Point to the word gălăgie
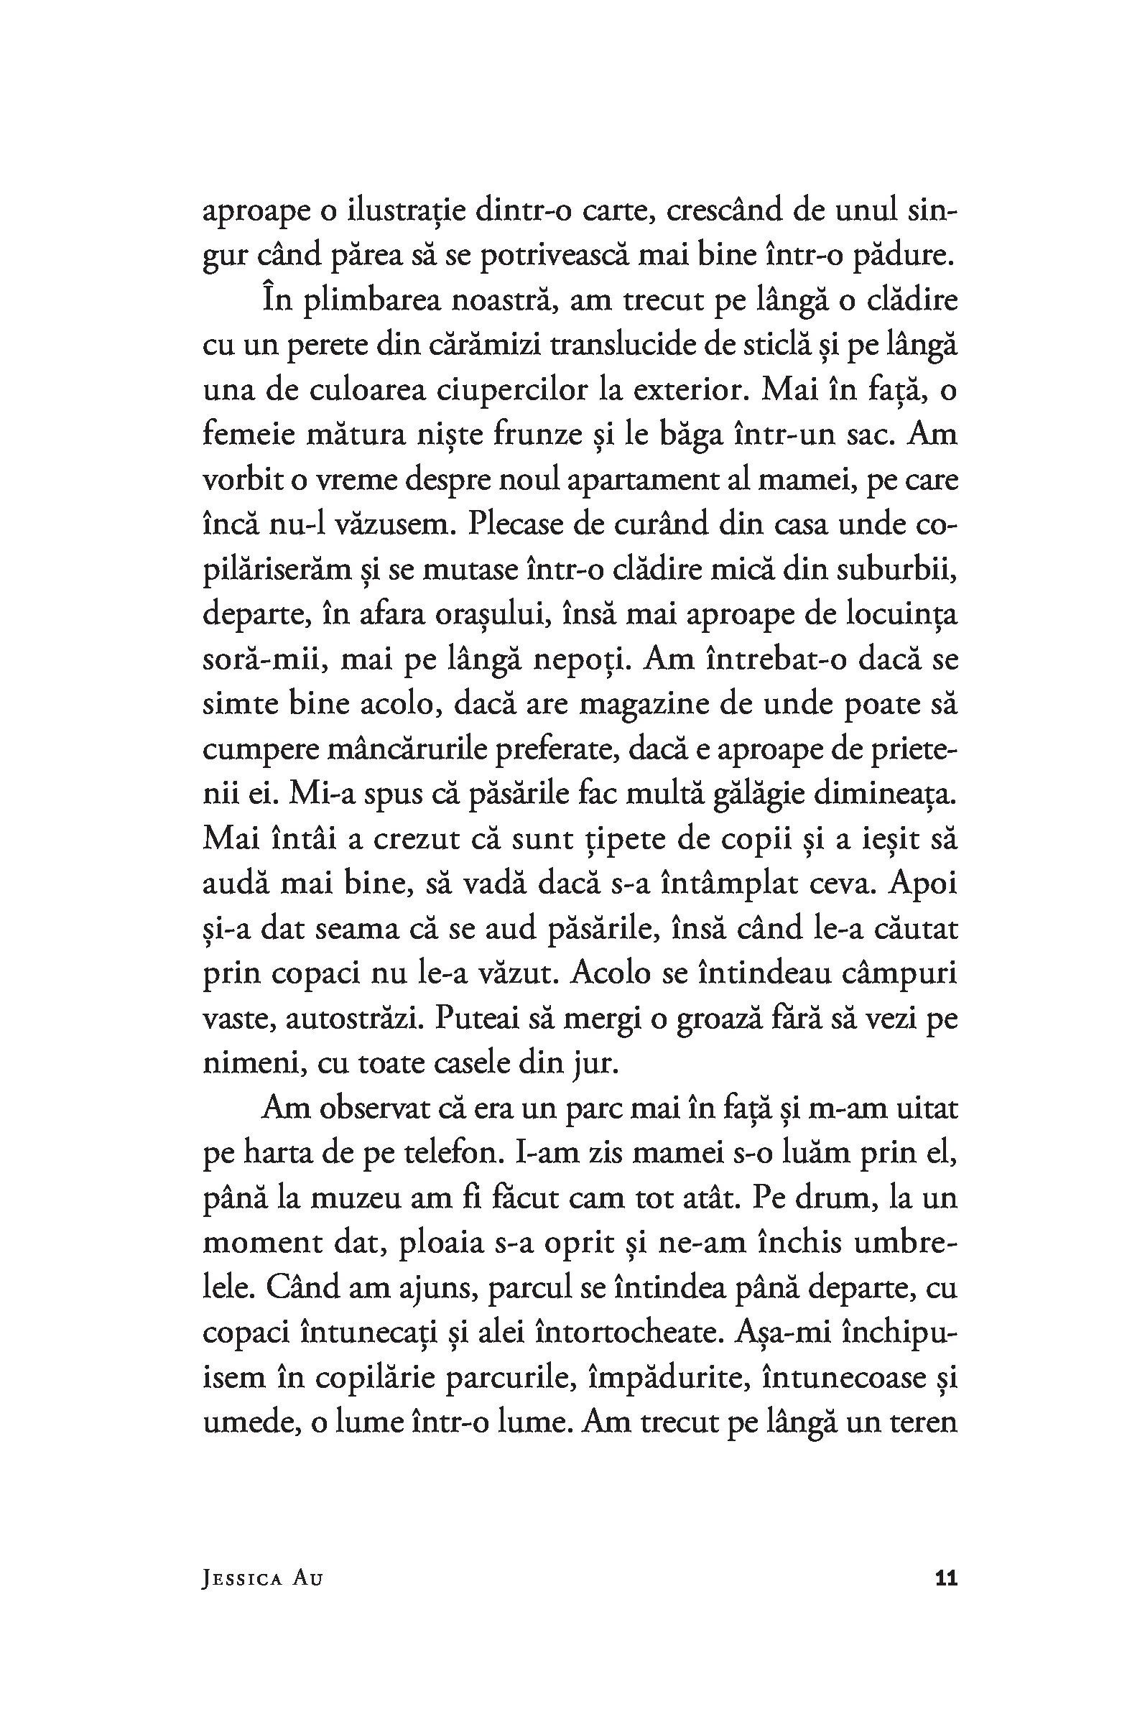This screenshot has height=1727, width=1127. pos(759,793)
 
